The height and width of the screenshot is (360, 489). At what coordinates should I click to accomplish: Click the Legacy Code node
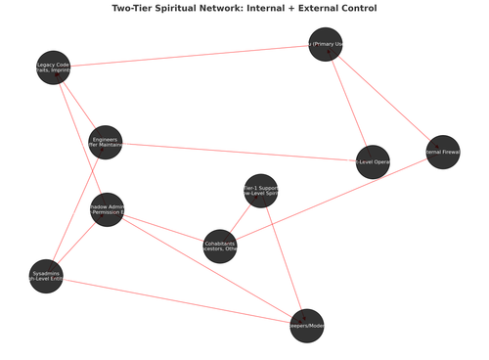pos(53,67)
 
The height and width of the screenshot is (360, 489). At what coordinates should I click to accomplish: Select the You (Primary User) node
pos(326,44)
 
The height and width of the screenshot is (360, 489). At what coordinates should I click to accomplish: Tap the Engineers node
pos(106,143)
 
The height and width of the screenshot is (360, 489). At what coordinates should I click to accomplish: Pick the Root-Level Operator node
pos(373,161)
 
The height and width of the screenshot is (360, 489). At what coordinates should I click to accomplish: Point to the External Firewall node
pos(442,152)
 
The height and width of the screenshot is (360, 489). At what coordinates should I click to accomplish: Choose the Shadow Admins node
pos(108,209)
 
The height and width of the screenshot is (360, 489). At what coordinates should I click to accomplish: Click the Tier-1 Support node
pos(261,190)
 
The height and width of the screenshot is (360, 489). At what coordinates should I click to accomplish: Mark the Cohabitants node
pos(220,245)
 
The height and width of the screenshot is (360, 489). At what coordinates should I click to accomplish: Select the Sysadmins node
pos(47,276)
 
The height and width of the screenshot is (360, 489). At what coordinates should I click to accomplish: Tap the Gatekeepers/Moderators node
pos(306,326)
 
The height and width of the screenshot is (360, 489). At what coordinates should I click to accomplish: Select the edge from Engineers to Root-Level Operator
pos(239,152)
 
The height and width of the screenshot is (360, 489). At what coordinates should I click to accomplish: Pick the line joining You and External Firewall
pos(383,98)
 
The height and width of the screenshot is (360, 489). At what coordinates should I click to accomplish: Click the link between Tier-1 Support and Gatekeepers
pos(284,258)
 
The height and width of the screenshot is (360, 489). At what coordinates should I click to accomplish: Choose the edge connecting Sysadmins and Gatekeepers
pos(176,301)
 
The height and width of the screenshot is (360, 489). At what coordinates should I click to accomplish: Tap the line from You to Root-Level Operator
pos(349,103)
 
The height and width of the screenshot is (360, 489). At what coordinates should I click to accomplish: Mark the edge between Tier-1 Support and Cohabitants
pos(241,217)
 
